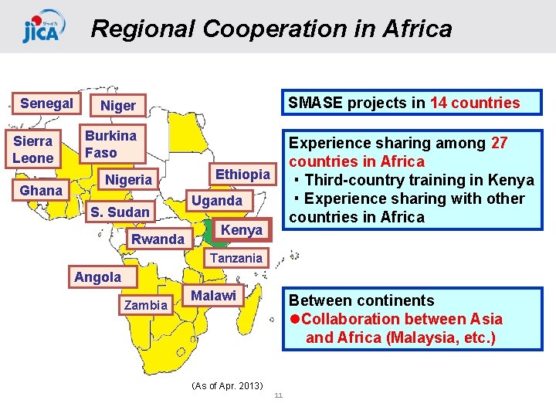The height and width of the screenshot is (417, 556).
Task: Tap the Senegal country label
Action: [46, 103]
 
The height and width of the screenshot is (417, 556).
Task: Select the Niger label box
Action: [118, 106]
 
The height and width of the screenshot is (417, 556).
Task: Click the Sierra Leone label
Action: [33, 150]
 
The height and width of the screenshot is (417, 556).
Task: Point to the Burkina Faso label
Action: [110, 144]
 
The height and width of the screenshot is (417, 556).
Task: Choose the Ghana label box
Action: [41, 191]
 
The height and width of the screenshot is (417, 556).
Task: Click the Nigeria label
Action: [128, 180]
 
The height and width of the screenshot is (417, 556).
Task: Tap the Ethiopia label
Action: [242, 175]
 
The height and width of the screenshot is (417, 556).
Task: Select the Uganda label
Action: [216, 201]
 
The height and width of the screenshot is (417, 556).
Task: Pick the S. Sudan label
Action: [120, 212]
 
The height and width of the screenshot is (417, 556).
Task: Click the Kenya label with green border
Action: [241, 231]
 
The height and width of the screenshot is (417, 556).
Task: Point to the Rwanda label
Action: [158, 239]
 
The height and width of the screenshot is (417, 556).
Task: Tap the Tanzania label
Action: [236, 258]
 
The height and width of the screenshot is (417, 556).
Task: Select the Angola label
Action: [97, 277]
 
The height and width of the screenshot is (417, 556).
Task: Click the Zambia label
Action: [146, 305]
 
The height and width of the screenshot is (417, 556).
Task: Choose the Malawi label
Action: [213, 296]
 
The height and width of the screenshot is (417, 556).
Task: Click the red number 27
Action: [500, 143]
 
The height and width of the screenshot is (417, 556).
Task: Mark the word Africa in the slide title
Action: [414, 29]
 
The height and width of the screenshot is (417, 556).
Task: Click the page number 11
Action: [279, 396]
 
